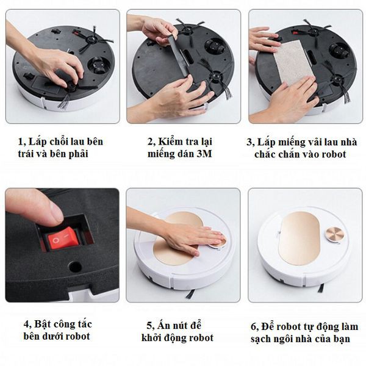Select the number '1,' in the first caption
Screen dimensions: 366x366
point(22,142)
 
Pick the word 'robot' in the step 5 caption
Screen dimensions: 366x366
point(201,338)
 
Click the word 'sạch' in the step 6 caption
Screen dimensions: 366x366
point(260,339)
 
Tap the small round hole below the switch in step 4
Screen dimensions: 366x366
point(74,267)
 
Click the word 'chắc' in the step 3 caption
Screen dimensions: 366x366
point(265,154)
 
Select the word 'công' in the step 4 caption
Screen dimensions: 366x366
point(64,325)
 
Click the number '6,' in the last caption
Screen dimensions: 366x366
point(255,327)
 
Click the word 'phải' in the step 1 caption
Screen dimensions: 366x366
point(78,154)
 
